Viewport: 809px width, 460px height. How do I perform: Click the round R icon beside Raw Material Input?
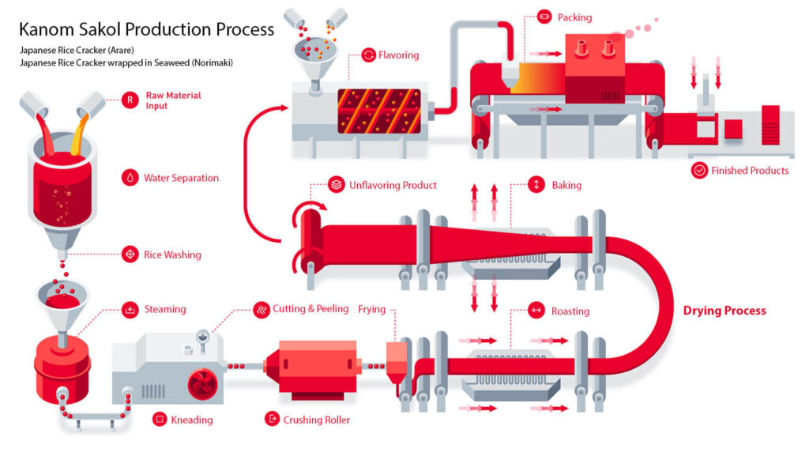click(130, 100)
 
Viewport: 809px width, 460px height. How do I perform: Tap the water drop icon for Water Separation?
click(130, 178)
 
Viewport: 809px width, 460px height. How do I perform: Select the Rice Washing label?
click(172, 255)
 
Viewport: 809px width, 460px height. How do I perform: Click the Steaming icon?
click(130, 309)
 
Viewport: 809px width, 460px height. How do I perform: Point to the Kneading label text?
click(191, 420)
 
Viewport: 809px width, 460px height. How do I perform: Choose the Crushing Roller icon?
click(272, 419)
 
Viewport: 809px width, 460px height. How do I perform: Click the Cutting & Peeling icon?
click(262, 310)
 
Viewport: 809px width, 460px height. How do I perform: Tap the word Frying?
click(371, 309)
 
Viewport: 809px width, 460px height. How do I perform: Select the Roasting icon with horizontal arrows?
click(536, 311)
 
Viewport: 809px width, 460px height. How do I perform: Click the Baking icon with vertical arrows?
click(536, 184)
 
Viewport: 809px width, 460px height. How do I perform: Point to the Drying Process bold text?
click(724, 311)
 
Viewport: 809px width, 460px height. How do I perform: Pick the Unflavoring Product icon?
click(337, 184)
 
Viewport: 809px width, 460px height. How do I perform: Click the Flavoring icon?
click(368, 55)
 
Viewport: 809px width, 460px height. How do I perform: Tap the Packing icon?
click(544, 17)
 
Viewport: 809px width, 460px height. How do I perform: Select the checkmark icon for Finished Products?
click(699, 171)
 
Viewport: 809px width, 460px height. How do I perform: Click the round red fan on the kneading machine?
click(203, 384)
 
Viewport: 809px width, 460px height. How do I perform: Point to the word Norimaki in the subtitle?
click(212, 62)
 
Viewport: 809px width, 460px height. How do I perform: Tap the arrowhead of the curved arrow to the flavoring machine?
click(284, 107)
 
